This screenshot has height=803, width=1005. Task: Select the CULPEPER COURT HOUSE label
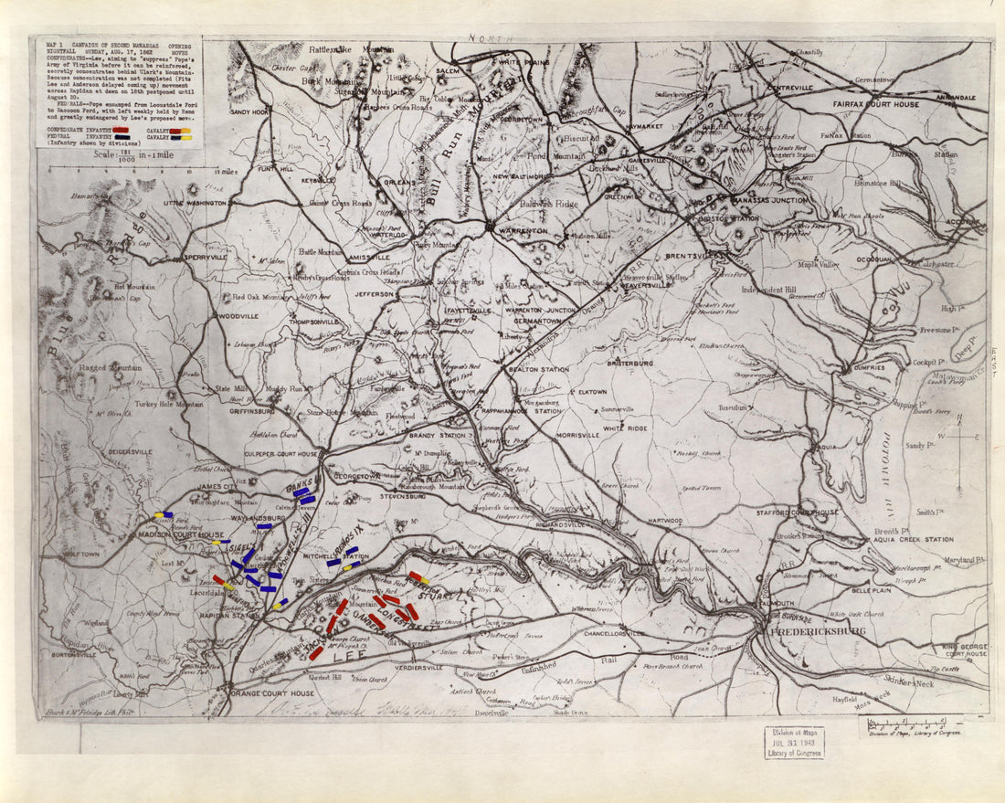coord(280,453)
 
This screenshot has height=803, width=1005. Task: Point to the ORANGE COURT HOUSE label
coord(271,693)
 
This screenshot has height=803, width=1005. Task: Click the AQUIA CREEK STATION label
coord(915,540)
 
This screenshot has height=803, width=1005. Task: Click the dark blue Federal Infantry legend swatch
coord(120,138)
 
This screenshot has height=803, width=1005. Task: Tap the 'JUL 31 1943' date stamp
coord(794,742)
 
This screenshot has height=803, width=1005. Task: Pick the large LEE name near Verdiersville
coord(345,657)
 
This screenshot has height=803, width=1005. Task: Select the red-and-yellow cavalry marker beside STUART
coord(419,578)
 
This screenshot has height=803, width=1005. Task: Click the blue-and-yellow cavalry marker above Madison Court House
coord(164,515)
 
